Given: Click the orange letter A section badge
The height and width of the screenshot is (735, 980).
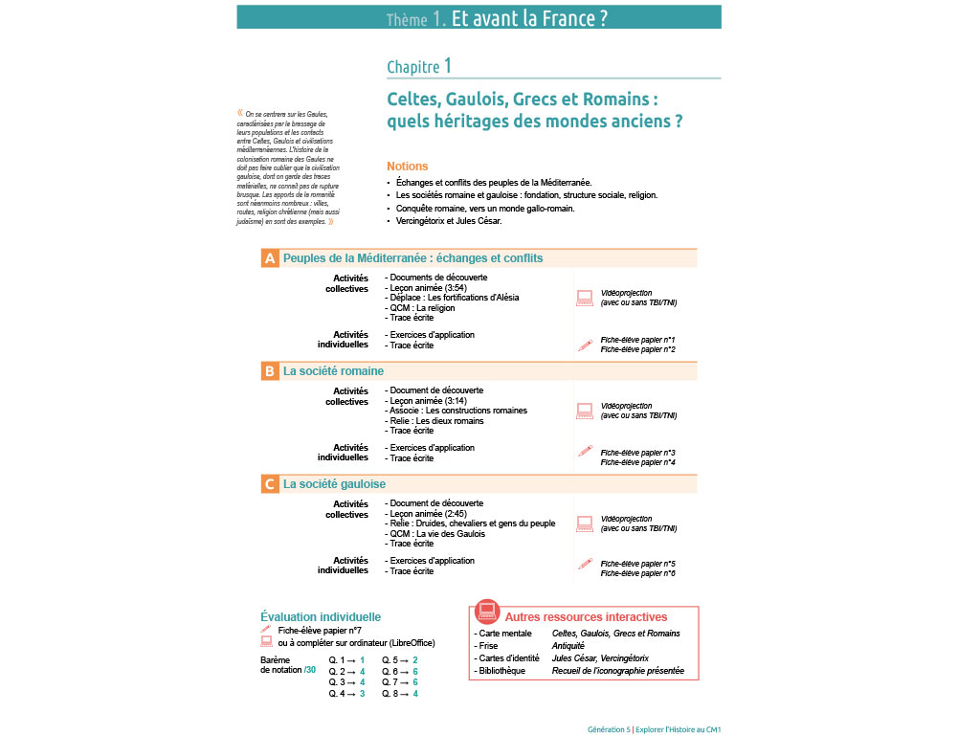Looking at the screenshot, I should click(x=270, y=258).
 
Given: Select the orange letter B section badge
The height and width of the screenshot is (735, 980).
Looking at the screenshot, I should click(x=270, y=371).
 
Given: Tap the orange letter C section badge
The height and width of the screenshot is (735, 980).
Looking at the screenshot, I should click(x=270, y=484).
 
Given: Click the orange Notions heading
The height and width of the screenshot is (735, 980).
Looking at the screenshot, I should click(x=408, y=167).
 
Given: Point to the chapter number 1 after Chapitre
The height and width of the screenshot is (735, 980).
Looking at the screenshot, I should click(x=448, y=65).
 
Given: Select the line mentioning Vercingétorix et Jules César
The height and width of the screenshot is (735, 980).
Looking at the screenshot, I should click(x=449, y=221).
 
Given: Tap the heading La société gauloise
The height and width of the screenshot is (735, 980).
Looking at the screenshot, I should click(x=334, y=484).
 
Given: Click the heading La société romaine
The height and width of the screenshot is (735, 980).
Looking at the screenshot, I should click(x=333, y=371).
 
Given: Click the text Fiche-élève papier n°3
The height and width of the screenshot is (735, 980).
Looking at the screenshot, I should click(x=637, y=453).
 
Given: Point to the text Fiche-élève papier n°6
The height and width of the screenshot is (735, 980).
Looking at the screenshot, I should click(x=637, y=574).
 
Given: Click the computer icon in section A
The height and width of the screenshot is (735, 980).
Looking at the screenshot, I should click(x=585, y=298).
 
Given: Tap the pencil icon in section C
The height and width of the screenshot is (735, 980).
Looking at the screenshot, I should click(x=585, y=566).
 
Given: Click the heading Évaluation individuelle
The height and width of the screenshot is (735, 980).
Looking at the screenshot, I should click(x=321, y=617).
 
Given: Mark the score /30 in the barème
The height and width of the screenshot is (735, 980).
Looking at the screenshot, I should click(x=309, y=671).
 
